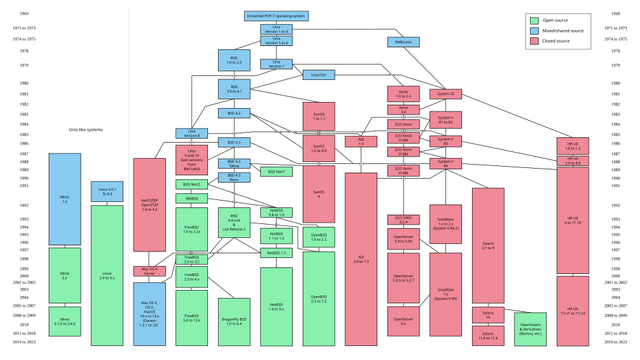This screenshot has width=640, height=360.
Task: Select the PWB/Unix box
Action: [403, 42]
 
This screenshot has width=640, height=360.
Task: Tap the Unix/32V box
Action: [319, 75]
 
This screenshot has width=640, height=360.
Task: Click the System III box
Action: [445, 94]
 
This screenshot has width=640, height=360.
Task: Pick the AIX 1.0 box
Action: [361, 141]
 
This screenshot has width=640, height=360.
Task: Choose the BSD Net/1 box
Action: [276, 172]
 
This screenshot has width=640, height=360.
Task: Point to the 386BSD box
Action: [192, 199]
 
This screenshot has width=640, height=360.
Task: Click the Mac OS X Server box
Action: [149, 271]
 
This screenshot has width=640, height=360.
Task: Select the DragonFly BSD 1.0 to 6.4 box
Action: [234, 319]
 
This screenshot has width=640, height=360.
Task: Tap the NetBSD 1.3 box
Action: [276, 253]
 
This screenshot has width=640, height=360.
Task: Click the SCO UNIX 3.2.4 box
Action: [403, 220]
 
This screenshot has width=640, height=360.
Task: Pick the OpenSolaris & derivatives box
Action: [530, 329]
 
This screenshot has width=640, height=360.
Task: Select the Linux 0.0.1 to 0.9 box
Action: [107, 192]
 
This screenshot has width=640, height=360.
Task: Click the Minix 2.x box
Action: [65, 275]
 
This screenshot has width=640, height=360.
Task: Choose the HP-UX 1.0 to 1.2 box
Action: [572, 146]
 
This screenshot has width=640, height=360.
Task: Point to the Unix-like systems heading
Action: [86, 130]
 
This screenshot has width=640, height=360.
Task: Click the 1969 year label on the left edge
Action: [23, 13]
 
